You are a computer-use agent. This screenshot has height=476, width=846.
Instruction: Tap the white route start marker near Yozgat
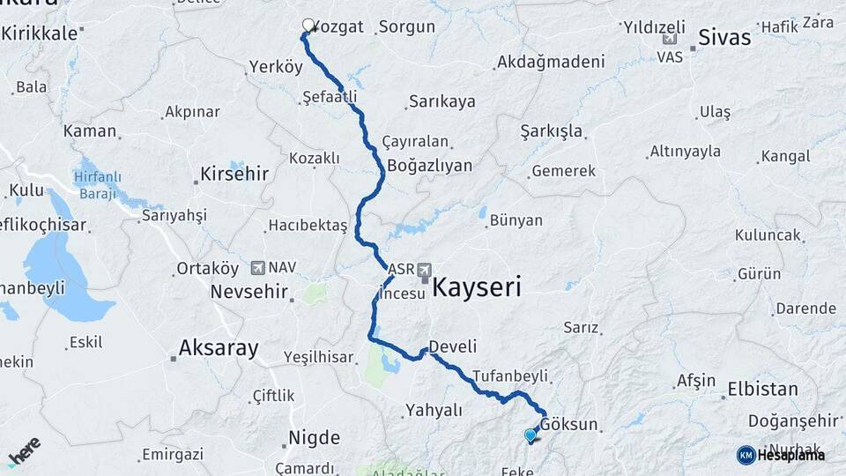pos(308,26)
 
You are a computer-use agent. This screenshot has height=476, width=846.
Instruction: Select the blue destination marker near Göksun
pos(530,435)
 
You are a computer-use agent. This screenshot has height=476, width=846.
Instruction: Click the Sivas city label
pos(724,37)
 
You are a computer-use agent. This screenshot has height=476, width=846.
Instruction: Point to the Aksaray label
pos(219,348)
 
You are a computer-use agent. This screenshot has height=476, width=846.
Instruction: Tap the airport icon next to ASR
pos(425,268)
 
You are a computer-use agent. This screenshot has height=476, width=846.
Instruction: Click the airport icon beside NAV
pos(257,266)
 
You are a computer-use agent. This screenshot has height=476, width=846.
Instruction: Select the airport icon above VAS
pos(670,39)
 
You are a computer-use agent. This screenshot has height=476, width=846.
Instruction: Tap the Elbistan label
pos(762,389)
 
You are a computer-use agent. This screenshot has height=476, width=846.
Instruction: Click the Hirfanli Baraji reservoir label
pos(98,183)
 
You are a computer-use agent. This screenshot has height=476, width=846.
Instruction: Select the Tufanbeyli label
pos(510,375)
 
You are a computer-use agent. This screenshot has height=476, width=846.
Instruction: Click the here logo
pos(24,451)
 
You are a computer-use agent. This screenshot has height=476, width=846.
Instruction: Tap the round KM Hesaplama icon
pos(746,455)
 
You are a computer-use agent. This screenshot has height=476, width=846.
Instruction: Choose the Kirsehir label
pos(234,174)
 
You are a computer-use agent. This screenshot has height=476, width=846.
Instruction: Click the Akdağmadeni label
pos(551,62)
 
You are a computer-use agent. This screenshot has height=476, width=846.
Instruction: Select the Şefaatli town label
pos(329,94)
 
